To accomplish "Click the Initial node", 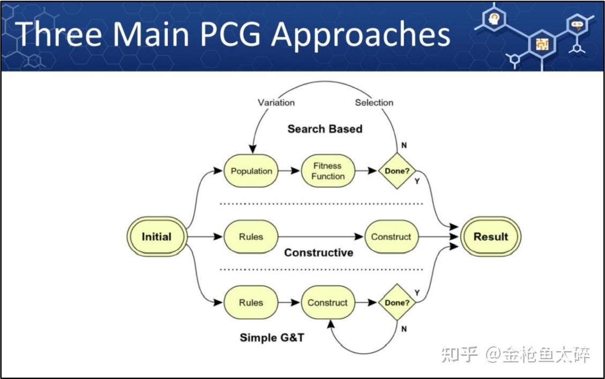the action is click(x=157, y=236).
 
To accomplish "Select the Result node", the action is click(x=490, y=236).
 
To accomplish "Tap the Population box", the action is click(x=251, y=171).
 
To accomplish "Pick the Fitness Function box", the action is click(x=328, y=171).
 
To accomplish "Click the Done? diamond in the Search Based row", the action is click(x=397, y=171).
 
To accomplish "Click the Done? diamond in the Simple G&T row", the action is click(x=397, y=302).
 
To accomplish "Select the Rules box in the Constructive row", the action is click(x=251, y=236).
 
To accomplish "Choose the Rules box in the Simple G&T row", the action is click(x=251, y=302).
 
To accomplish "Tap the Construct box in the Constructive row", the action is click(x=391, y=236).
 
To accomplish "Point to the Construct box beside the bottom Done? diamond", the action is click(x=328, y=302).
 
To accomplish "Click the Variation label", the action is click(x=277, y=103).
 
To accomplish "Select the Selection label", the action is click(x=374, y=103).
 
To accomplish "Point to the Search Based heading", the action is click(x=325, y=129).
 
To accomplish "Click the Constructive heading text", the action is click(x=319, y=252).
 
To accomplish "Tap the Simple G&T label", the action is click(x=272, y=338).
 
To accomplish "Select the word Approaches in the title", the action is click(x=361, y=36).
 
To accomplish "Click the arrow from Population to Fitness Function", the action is click(x=289, y=170).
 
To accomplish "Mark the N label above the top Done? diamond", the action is click(x=404, y=145).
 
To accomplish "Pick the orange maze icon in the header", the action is click(x=542, y=44).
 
